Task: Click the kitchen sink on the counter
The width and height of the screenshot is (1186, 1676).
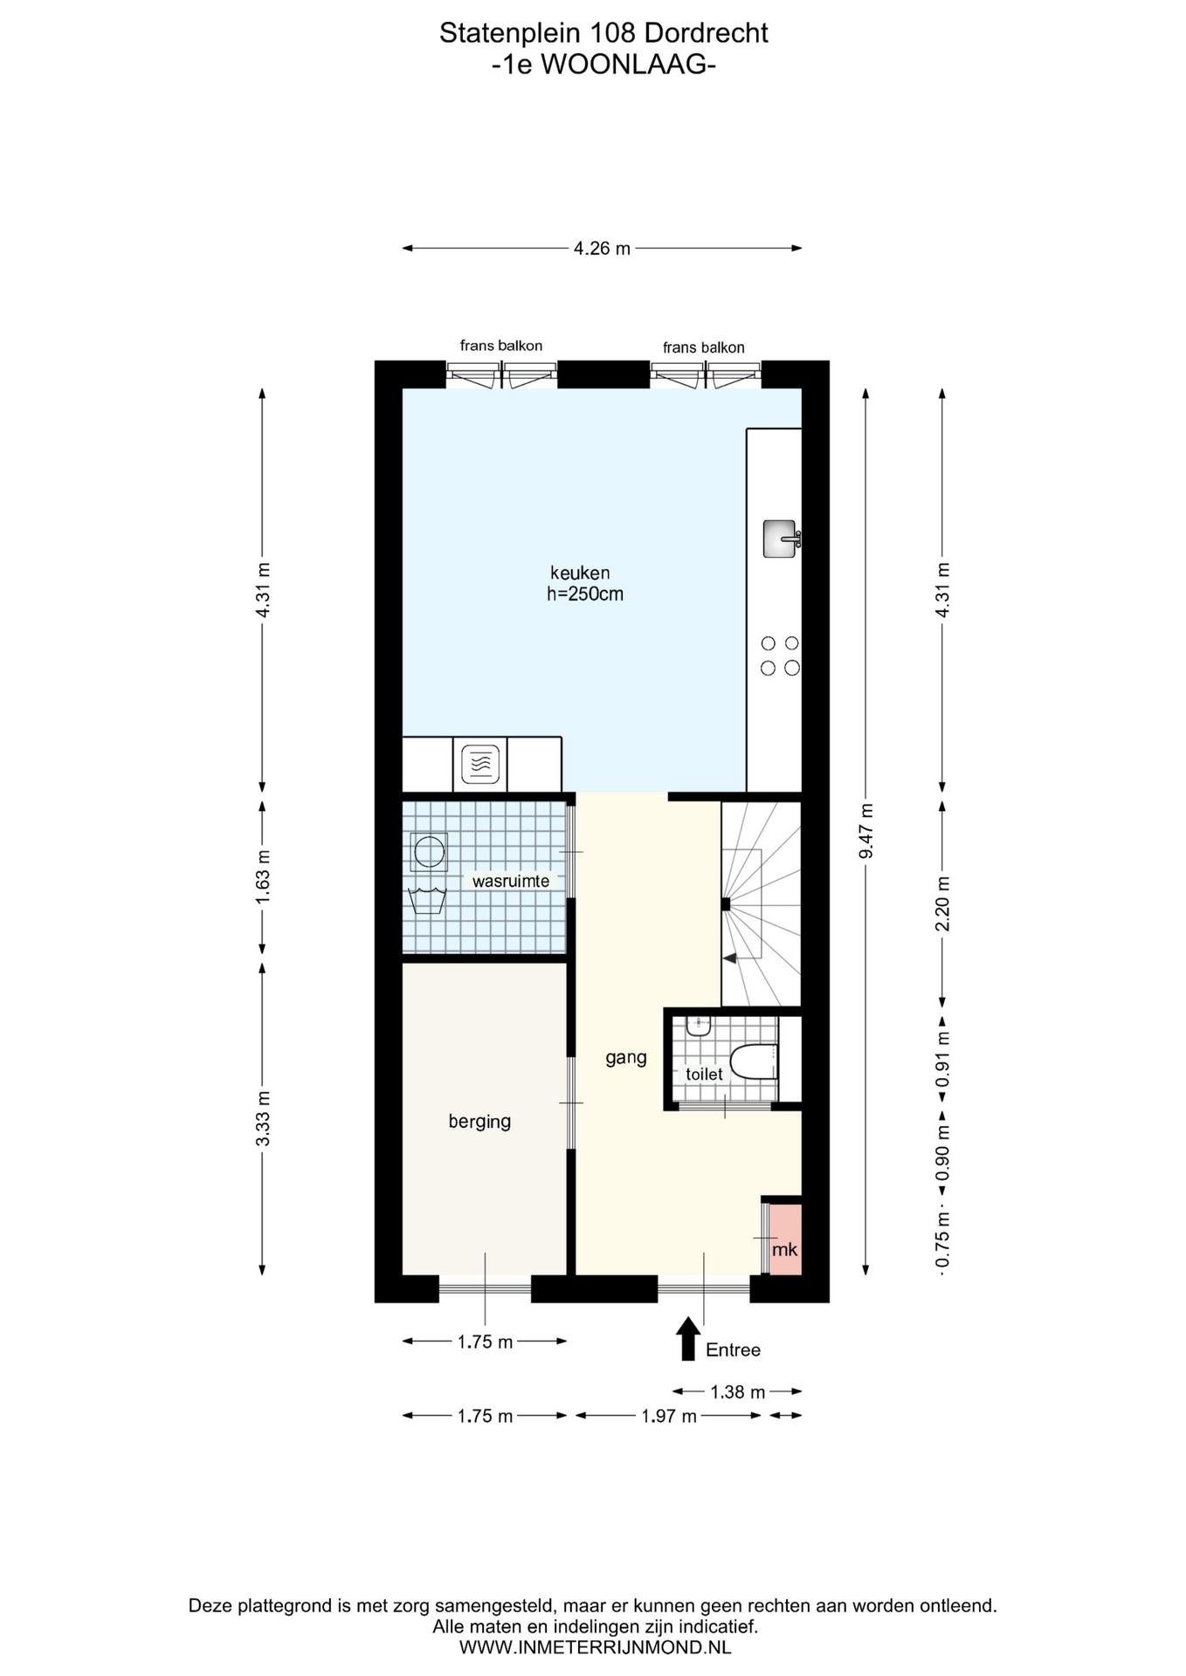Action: (x=780, y=539)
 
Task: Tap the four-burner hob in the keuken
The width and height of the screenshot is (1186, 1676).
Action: (x=780, y=656)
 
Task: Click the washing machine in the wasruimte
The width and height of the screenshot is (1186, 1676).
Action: (x=429, y=851)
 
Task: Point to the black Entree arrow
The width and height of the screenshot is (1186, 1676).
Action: (x=688, y=1338)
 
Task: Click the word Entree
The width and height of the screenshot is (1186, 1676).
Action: (x=733, y=1350)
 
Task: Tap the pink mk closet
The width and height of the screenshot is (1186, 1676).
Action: (x=785, y=1240)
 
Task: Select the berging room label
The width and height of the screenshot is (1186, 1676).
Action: (x=479, y=1121)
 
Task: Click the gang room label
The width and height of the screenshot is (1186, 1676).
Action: (x=626, y=1058)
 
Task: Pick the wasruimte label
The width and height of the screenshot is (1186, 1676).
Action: (x=511, y=881)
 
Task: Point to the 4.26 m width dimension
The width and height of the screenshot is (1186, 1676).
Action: (x=602, y=248)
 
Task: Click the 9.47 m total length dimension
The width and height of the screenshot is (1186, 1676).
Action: (x=865, y=831)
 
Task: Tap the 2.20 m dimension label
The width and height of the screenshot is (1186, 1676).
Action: (x=943, y=903)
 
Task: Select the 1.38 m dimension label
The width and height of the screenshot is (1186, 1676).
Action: (x=738, y=1391)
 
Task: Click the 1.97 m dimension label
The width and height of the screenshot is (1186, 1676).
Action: (x=669, y=1416)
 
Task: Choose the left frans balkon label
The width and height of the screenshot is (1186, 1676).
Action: (x=501, y=346)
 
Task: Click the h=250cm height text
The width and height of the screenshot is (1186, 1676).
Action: (x=585, y=594)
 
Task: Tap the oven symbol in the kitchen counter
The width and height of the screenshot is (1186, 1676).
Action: (x=479, y=764)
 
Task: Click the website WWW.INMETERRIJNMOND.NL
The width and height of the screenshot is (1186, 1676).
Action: (x=595, y=1647)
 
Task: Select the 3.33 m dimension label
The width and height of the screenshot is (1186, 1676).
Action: (x=263, y=1119)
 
